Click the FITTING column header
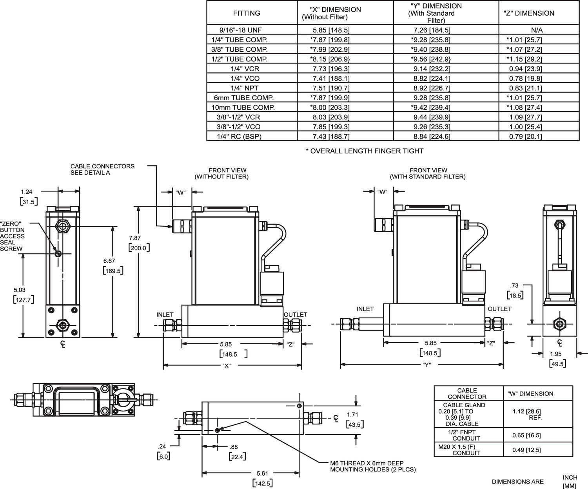coord(247,13)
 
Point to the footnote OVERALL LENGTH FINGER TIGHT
coord(364,151)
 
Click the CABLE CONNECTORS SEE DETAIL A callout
coord(102,169)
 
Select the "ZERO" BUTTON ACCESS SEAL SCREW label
coord(12,236)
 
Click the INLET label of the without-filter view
coord(165,314)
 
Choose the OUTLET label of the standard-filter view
coord(499,309)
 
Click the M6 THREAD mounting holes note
coord(372,466)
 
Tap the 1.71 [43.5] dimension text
coord(354,419)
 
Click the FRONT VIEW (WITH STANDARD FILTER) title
coord(428,173)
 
